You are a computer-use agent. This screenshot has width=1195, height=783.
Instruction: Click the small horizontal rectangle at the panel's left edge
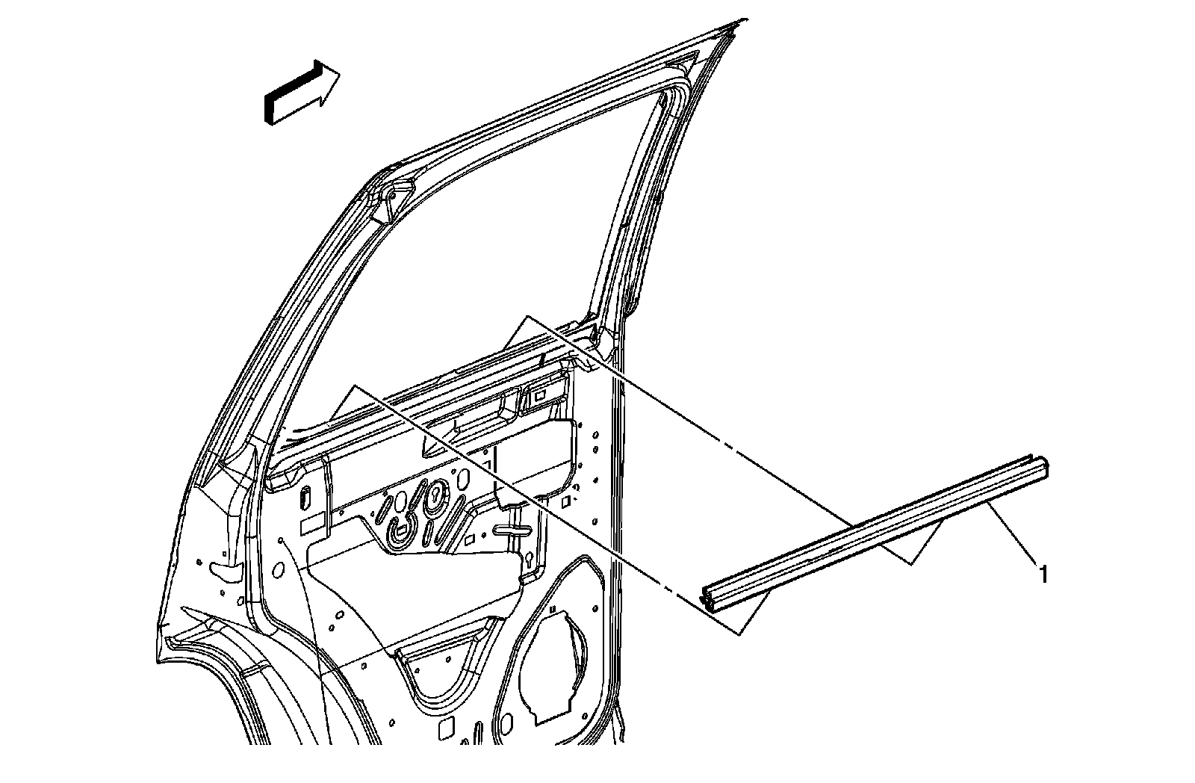tap(311, 526)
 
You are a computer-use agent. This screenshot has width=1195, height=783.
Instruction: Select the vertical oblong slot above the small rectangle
tap(307, 498)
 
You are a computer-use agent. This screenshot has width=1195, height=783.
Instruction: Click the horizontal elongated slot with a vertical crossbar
tap(511, 531)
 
